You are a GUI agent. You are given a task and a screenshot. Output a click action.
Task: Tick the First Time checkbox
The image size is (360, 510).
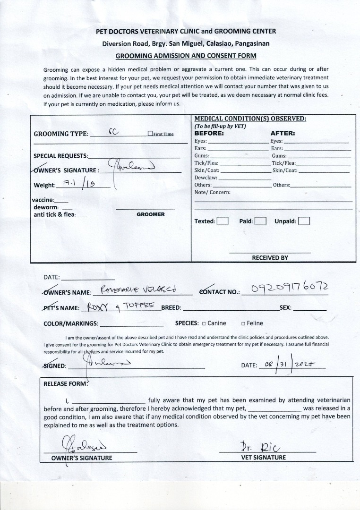coord(150,134)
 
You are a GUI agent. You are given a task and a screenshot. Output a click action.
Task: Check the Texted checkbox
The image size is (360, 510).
coord(223,221)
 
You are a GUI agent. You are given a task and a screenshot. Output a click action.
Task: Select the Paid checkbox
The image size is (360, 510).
coord(260,221)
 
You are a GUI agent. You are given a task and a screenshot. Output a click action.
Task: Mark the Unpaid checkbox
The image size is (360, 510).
coord(304,221)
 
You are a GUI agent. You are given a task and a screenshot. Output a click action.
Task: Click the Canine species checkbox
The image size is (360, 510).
coord(204,323)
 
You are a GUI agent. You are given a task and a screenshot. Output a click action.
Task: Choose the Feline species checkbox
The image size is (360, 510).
coord(243,323)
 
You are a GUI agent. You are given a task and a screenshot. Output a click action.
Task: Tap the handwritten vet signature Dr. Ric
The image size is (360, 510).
coord(260,446)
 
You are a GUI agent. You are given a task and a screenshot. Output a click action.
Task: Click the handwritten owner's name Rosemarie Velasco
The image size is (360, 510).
coord(139,289)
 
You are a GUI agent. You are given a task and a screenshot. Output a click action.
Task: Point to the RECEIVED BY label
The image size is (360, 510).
coord(270,258)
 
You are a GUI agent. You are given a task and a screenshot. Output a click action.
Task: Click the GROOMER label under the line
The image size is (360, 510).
coord(151,214)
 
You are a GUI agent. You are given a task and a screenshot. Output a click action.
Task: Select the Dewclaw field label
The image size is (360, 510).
coord(206,178)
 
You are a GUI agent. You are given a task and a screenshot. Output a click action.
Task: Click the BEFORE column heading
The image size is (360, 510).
coord(209,133)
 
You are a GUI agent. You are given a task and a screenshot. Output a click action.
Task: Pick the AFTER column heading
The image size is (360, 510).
coord(283,133)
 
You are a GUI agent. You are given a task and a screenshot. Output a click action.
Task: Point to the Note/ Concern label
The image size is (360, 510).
coord(213,192)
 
